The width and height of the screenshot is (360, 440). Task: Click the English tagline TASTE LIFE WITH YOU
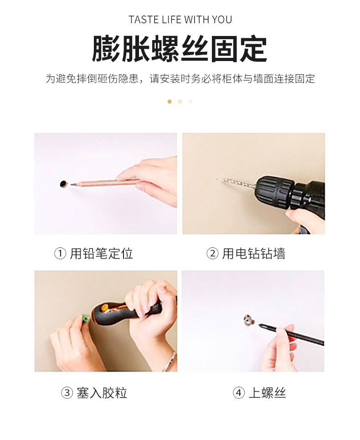[x=180, y=20]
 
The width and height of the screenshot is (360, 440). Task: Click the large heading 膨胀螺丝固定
[x=180, y=49]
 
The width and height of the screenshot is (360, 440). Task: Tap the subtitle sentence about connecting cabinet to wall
[x=180, y=78]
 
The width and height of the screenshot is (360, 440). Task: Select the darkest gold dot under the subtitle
[x=170, y=102]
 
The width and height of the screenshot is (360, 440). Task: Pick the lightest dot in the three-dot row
[x=190, y=102]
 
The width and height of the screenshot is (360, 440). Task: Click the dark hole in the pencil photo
[x=64, y=184]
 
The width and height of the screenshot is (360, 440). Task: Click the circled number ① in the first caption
[x=60, y=254]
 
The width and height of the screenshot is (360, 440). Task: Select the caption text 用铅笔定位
[x=101, y=254]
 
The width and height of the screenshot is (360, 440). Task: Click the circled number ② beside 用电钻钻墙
[x=212, y=254]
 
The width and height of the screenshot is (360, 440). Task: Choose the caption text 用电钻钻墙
[x=253, y=254]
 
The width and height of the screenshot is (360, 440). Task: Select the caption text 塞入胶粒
[x=102, y=393]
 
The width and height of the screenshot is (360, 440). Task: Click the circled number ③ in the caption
[x=67, y=393]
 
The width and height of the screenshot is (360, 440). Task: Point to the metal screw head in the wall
[x=249, y=320]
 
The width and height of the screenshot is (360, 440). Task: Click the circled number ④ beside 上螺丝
[x=239, y=393]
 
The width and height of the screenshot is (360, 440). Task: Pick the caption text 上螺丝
[x=267, y=393]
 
